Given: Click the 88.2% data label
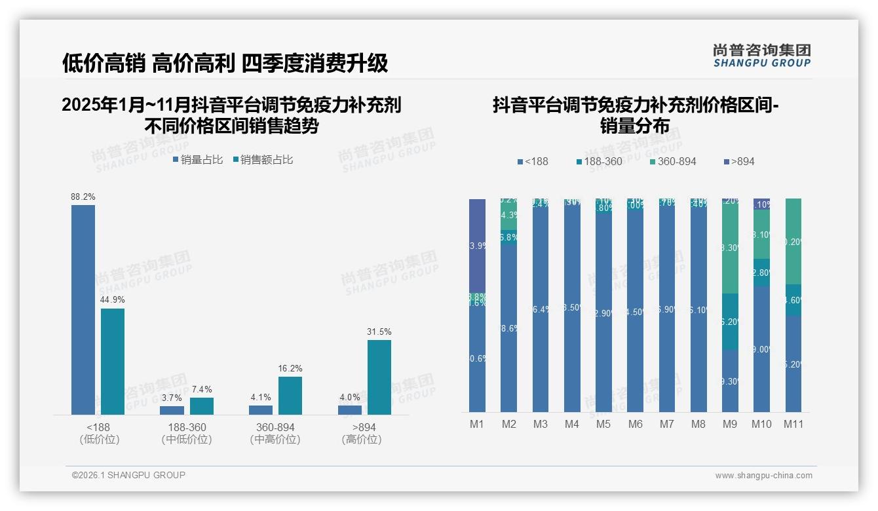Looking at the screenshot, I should coord(83,197).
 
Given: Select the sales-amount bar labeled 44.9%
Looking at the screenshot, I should coord(113,361).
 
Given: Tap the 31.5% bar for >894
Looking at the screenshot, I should coord(379,377).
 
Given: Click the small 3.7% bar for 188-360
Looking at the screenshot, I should coord(172,410).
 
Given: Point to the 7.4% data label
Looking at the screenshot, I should coord(202,389).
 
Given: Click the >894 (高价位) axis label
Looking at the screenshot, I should coord(362,433).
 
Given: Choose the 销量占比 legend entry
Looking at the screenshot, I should coord(198,159).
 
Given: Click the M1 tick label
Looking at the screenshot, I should coord(477,424).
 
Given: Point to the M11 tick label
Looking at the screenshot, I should coord(793,424).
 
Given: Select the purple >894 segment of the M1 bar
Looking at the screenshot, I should coord(478,246).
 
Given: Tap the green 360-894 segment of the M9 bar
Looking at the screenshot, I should coord(730,246).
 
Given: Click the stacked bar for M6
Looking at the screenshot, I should coord(635,308).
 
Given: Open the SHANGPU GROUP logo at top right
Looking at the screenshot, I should coord(761,56).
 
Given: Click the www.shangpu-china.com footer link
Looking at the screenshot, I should coord(763,476).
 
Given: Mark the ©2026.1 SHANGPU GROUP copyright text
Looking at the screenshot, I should coord(128,475).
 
